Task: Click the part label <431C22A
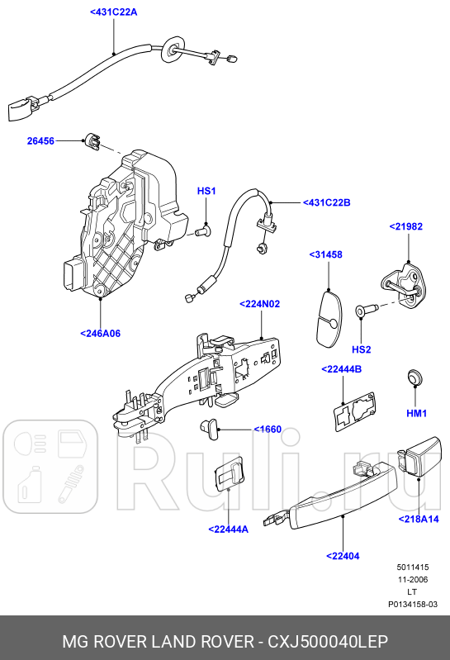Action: click(x=114, y=12)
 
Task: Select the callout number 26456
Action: click(x=40, y=141)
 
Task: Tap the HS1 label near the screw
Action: click(x=206, y=192)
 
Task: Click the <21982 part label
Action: click(x=406, y=226)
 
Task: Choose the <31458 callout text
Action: click(x=325, y=254)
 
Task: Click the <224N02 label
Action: click(x=260, y=304)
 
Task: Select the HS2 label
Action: click(x=362, y=349)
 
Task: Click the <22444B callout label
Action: click(x=341, y=369)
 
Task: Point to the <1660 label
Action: click(x=267, y=429)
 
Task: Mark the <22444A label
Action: click(x=229, y=529)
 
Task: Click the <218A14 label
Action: click(x=419, y=519)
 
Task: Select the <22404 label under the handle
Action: click(x=343, y=556)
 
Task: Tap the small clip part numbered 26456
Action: click(x=92, y=141)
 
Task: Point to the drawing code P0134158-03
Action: click(x=413, y=604)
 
